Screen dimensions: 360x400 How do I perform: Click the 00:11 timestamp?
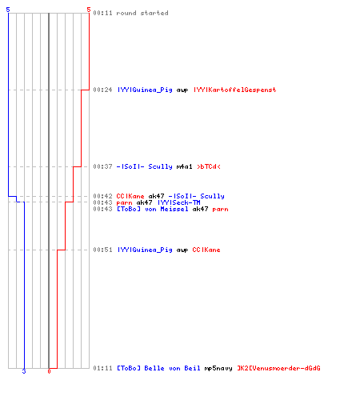point(102,13)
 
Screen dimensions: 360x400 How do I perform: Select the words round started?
point(142,13)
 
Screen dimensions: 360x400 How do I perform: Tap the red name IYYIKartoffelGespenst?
point(234,90)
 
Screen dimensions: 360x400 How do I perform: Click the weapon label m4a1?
point(184,166)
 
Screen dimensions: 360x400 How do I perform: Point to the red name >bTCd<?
point(209,166)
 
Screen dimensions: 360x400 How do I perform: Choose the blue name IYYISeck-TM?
point(179,202)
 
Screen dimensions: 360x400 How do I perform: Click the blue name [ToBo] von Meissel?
point(153,209)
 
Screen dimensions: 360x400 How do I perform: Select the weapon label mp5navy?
point(218,368)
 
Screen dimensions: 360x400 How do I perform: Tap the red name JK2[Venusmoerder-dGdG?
point(278,368)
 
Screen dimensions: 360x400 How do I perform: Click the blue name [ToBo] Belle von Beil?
point(158,368)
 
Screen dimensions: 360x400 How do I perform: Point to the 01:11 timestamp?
point(102,368)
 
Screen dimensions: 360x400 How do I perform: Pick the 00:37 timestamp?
point(102,166)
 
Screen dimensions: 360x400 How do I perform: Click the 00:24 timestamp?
point(102,90)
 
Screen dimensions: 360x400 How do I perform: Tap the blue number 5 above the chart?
point(8,10)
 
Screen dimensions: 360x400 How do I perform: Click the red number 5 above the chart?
point(89,10)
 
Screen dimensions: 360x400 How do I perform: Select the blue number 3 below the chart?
point(24,371)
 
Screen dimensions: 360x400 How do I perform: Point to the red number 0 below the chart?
point(49,371)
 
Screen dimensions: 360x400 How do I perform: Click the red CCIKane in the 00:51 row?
point(206,250)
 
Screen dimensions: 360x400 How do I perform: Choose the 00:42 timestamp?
point(102,196)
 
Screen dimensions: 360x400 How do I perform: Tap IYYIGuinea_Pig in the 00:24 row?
point(145,90)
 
